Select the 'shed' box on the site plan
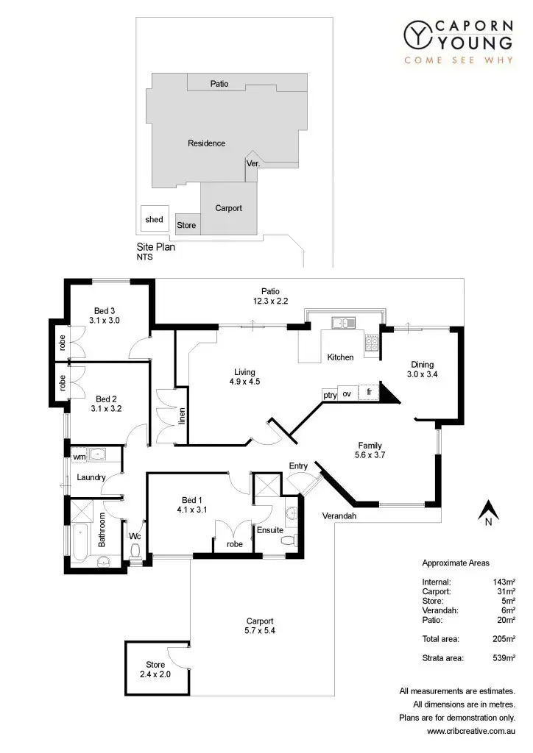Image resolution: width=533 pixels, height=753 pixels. coord(154,219)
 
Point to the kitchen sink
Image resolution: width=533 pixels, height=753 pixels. coord(343,322)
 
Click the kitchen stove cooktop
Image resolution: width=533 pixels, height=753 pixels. coord(371,342)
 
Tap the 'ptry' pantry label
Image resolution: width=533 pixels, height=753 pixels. coord(330,395)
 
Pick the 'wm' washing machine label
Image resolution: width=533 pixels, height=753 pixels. coord(79,457)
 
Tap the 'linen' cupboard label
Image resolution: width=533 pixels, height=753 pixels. coord(181,416)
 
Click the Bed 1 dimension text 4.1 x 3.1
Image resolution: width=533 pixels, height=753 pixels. coord(193,509)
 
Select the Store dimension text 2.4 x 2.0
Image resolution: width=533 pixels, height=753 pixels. coord(155,673)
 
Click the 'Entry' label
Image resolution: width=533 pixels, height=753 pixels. coord(298,466)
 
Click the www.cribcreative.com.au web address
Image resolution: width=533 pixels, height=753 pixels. coord(470,731)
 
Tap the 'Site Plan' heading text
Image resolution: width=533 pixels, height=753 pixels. coord(155,248)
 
